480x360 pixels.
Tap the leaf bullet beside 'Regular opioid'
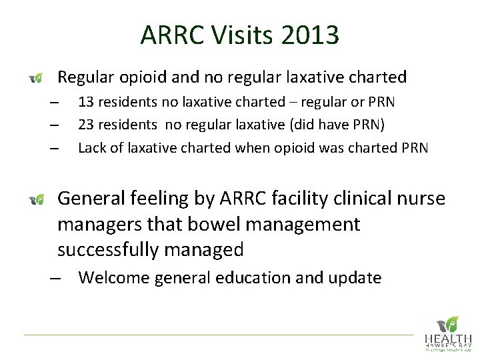click(37, 79)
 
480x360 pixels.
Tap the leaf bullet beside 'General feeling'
click(37, 199)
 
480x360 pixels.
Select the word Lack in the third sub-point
click(91, 147)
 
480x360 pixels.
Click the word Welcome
click(114, 277)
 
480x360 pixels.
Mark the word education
click(253, 277)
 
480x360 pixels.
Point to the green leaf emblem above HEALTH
click(451, 323)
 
